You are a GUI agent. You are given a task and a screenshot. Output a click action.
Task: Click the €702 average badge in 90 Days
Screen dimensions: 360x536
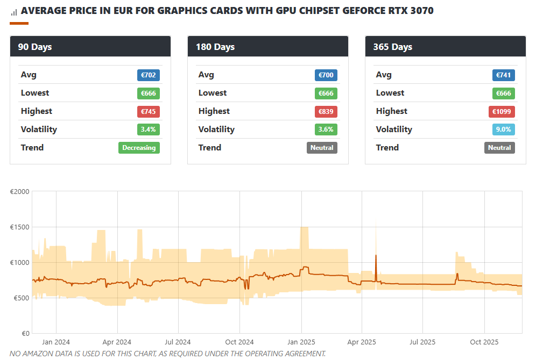(149, 75)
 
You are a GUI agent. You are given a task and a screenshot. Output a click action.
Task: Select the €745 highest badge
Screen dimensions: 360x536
(149, 112)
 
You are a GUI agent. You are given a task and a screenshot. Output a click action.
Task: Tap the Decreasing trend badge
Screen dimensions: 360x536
(139, 148)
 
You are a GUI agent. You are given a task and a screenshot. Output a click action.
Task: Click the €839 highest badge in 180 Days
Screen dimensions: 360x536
(326, 112)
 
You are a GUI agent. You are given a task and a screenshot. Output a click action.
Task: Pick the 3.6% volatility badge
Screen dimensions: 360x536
(326, 129)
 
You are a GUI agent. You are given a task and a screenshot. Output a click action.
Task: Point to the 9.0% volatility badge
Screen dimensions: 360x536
(504, 129)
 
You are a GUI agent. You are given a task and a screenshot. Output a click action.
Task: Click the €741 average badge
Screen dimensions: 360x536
(504, 75)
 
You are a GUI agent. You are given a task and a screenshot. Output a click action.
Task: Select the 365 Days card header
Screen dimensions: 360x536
(445, 47)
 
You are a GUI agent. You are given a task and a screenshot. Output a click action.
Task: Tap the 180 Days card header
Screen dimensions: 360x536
(267, 47)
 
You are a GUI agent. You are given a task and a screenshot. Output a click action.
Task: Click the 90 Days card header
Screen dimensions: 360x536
(90, 47)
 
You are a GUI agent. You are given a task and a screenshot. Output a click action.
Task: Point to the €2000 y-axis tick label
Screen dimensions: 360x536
(20, 192)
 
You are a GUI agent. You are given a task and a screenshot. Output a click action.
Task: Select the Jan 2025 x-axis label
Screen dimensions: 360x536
(301, 342)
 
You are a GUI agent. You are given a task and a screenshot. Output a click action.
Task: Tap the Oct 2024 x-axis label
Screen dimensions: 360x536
(239, 342)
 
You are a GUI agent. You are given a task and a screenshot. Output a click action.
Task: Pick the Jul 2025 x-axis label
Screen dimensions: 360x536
(422, 342)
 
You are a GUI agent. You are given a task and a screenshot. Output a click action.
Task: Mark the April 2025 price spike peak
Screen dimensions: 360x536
(376, 255)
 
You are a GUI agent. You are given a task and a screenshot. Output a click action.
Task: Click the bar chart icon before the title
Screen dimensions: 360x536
(14, 11)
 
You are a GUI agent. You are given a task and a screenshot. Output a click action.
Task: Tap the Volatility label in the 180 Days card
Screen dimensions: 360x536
(216, 129)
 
